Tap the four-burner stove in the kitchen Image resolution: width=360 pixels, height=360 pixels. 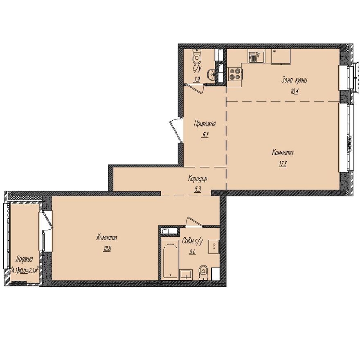(x=234, y=74)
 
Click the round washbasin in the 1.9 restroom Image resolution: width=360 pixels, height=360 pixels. (x=211, y=74)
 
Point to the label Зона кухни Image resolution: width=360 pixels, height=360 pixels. (x=293, y=81)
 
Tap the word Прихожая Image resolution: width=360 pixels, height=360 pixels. (x=204, y=125)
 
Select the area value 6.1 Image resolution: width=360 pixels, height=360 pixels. (x=205, y=136)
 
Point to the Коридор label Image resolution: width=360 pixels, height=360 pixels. (x=198, y=178)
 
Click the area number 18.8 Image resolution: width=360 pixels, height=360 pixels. (x=108, y=248)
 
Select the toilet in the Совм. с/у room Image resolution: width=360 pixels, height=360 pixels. (x=203, y=273)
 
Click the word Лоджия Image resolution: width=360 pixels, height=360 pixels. (x=24, y=259)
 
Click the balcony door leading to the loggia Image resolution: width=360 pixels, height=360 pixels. (x=46, y=221)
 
